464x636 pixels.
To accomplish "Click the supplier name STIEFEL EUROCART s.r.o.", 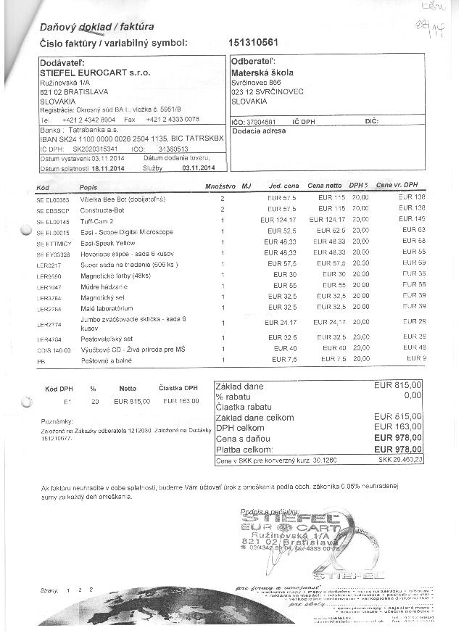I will point(95,73).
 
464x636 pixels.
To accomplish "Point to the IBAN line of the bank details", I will point(122,136).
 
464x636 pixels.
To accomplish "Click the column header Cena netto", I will point(324,186).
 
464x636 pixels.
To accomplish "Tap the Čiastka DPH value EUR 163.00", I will point(181,400).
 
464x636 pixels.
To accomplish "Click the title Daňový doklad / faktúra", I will point(96,27).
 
